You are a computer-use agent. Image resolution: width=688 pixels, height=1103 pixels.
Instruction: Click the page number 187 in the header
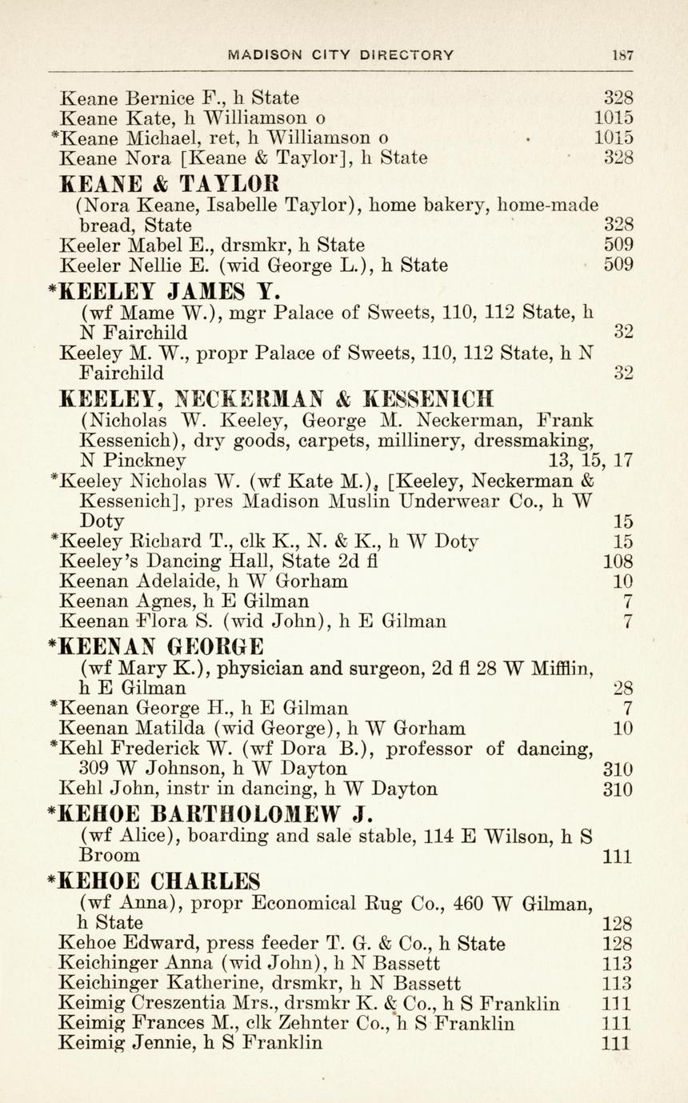pyautogui.click(x=622, y=55)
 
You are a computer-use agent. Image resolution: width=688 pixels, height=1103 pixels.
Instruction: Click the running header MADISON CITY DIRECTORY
pyautogui.click(x=341, y=55)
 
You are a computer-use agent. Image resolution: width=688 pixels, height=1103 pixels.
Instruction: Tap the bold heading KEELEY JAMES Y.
pyautogui.click(x=165, y=290)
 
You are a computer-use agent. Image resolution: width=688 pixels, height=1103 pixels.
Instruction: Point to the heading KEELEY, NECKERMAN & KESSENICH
pyautogui.click(x=278, y=398)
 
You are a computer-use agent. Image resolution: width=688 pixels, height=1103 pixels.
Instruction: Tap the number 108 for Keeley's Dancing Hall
pyautogui.click(x=618, y=561)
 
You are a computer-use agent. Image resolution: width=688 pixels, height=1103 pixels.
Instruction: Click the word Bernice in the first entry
pyautogui.click(x=158, y=98)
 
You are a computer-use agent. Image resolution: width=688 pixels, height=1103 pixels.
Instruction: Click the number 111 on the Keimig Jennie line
pyautogui.click(x=617, y=1043)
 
